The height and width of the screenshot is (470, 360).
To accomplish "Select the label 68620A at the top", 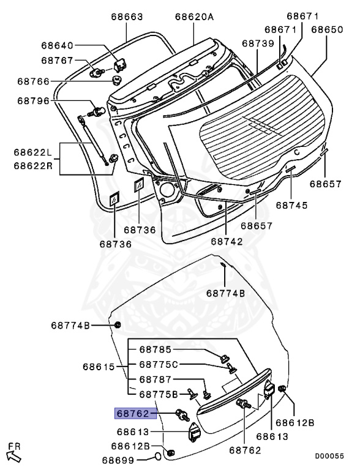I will click(194, 17).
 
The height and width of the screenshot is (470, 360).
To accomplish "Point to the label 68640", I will click(57, 45).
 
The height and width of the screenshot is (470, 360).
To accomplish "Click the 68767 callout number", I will click(57, 61).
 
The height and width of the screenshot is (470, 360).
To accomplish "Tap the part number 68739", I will click(257, 43).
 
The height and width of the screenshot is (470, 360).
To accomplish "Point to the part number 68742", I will click(227, 241).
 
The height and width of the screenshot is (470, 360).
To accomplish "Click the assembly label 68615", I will click(99, 367).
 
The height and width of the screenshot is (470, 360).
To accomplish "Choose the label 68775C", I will click(158, 365).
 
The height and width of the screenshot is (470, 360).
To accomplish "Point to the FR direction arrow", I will click(13, 453).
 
